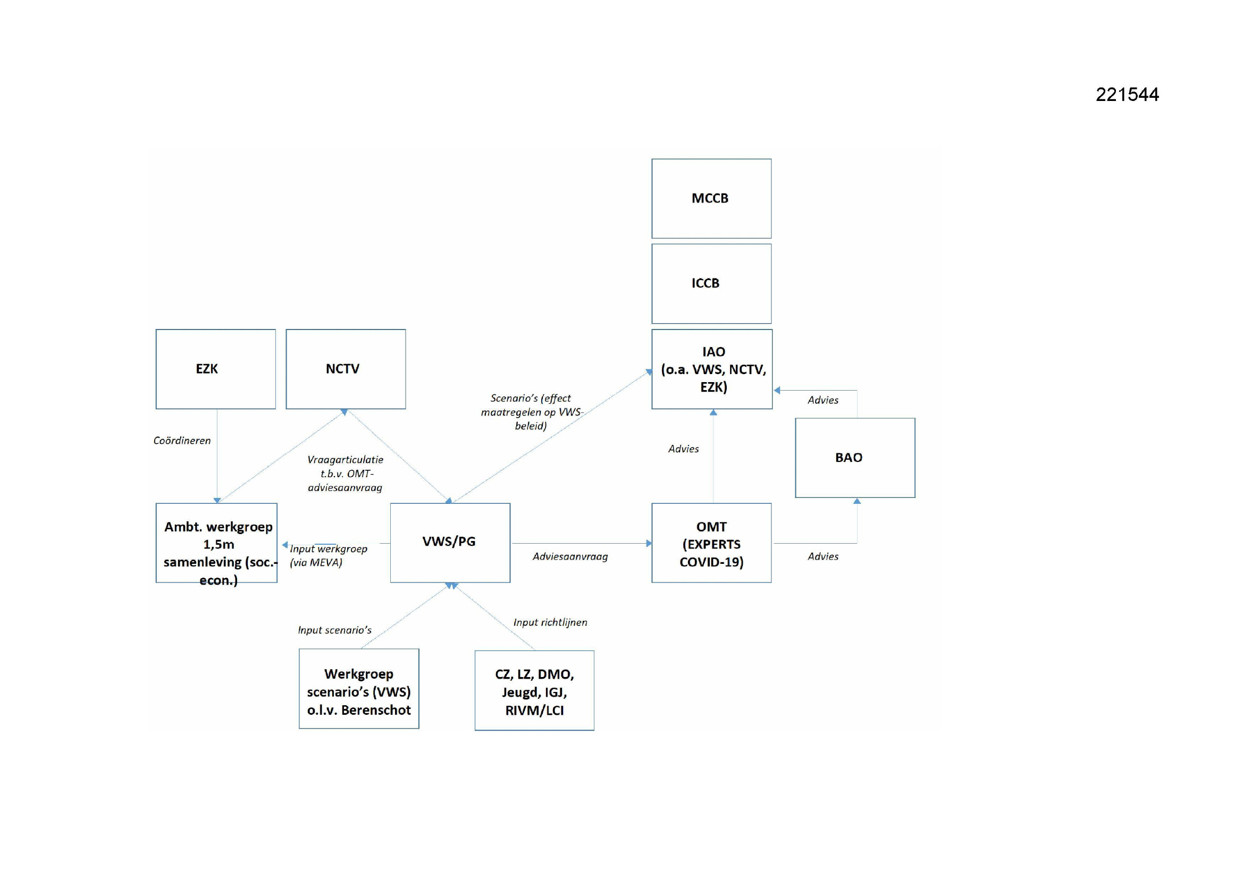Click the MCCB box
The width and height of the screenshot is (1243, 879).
(711, 199)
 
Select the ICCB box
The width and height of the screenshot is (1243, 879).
(711, 284)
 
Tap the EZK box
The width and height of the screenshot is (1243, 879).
(215, 369)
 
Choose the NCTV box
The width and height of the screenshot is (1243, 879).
(346, 369)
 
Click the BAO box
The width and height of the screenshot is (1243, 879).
(855, 458)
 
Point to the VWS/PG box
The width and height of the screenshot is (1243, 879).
(450, 543)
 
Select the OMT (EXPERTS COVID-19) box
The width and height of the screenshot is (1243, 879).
(711, 543)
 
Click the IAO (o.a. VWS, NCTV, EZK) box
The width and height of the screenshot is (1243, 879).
(712, 369)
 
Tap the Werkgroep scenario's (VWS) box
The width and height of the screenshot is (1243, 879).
(359, 688)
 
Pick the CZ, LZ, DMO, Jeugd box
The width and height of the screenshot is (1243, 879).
(534, 691)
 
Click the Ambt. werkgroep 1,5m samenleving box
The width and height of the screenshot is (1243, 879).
(216, 543)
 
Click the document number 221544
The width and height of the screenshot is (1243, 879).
(1127, 95)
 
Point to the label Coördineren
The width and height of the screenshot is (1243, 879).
(182, 441)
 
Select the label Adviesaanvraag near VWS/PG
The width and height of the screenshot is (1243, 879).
(570, 556)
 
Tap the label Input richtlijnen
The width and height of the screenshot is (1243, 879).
(550, 622)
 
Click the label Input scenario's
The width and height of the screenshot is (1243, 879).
(334, 630)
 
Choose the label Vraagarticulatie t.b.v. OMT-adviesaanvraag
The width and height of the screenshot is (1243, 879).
(345, 474)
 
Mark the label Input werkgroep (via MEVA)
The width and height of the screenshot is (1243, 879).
(328, 556)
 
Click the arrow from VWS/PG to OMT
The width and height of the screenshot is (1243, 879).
(582, 543)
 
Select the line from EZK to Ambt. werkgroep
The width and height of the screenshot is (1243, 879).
(217, 457)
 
